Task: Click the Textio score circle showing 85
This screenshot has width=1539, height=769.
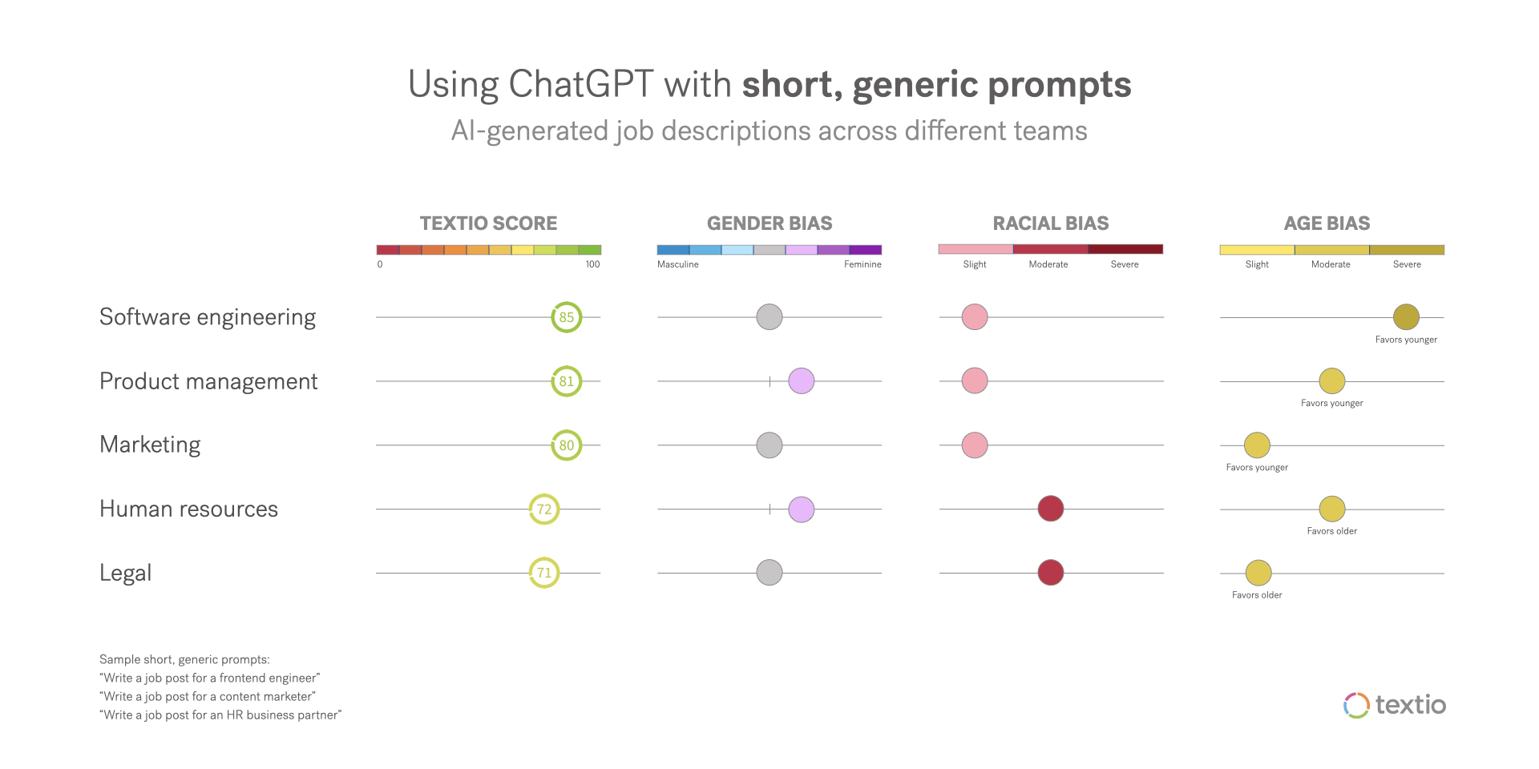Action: [x=567, y=317]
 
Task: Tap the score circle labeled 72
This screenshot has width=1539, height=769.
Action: [x=544, y=509]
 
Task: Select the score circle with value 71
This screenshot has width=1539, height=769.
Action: [x=544, y=573]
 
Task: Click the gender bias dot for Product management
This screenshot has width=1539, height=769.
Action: [x=802, y=381]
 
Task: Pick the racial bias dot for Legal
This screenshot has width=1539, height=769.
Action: [x=1051, y=573]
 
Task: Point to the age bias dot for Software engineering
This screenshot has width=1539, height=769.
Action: [x=1406, y=317]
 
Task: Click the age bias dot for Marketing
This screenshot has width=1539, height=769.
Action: [x=1257, y=445]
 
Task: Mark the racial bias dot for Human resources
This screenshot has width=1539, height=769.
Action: [x=1051, y=509]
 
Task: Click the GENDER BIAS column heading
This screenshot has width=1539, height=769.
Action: [x=769, y=223]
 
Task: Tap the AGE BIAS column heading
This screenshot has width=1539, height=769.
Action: [x=1327, y=223]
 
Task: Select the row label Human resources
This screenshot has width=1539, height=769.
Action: [x=188, y=509]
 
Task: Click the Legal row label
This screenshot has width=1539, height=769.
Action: [x=126, y=574]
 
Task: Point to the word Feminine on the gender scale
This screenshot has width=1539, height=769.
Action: [x=862, y=264]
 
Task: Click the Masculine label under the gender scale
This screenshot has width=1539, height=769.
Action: [x=678, y=264]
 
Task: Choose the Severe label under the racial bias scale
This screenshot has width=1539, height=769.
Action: [x=1125, y=264]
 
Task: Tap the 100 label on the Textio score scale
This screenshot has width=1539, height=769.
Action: [x=592, y=264]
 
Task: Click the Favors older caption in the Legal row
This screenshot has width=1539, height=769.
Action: [x=1257, y=595]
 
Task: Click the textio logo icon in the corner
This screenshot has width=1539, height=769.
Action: [x=1356, y=705]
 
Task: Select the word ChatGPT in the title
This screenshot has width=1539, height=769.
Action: [x=581, y=85]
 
